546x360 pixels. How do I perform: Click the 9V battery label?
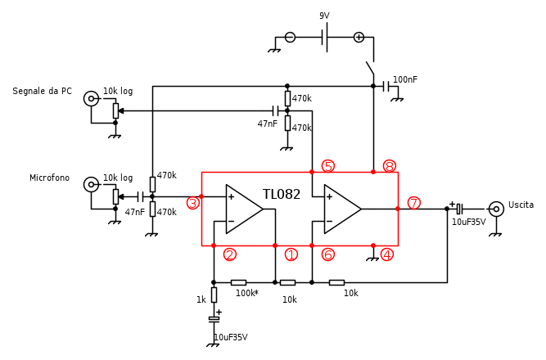(324, 16)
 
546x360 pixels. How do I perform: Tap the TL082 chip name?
(282, 195)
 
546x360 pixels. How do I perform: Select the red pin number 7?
(414, 203)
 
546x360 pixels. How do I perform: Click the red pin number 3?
(193, 203)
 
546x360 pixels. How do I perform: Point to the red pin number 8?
(390, 166)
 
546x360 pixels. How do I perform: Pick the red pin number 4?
(387, 254)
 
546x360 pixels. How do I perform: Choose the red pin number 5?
(328, 166)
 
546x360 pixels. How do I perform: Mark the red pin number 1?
(291, 254)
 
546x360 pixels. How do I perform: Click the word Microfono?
(49, 178)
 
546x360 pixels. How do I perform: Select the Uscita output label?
(521, 205)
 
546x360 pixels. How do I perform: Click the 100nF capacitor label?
(404, 79)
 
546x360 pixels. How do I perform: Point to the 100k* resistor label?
(247, 293)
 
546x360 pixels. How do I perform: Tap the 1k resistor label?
(201, 300)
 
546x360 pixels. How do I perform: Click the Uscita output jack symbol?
(496, 209)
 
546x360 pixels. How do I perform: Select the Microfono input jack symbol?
(91, 184)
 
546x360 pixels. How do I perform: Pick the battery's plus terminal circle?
(359, 37)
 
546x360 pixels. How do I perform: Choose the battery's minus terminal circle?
(290, 37)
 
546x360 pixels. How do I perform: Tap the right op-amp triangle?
(341, 209)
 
